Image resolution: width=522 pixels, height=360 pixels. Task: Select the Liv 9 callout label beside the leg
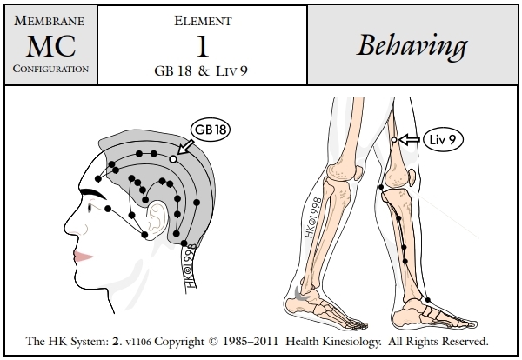click(443, 139)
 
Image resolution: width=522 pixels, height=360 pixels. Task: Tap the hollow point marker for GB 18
click(173, 160)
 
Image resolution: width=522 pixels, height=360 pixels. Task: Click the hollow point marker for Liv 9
click(394, 140)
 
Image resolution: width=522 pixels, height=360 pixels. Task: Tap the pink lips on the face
click(84, 255)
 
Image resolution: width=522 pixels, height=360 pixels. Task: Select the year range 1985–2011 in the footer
click(284, 341)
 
